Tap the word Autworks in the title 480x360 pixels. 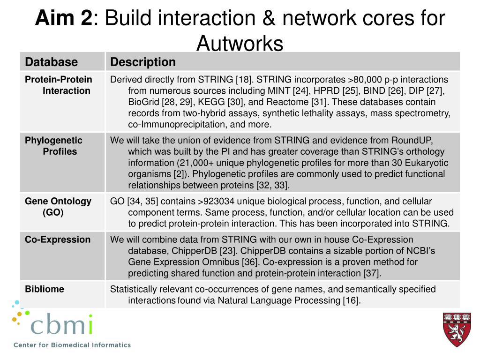(240, 44)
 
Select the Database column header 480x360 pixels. (51, 62)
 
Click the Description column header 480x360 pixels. (143, 62)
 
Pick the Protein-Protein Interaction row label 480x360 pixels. (59, 85)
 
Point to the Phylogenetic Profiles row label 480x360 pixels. (53, 146)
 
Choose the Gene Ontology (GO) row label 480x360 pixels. (58, 206)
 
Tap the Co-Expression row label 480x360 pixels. (58, 240)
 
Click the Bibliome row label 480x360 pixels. (45, 289)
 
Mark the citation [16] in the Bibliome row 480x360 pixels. (351, 300)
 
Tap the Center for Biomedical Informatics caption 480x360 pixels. (72, 345)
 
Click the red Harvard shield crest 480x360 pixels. (457, 329)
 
